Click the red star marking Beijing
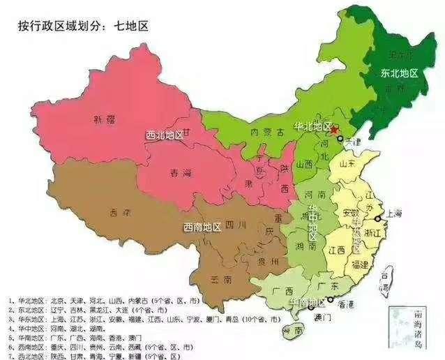[x=335, y=130]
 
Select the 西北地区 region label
[x=164, y=134]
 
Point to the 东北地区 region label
[x=399, y=73]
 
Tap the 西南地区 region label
[x=202, y=227]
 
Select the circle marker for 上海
[x=377, y=218]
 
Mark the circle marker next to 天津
[x=340, y=139]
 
